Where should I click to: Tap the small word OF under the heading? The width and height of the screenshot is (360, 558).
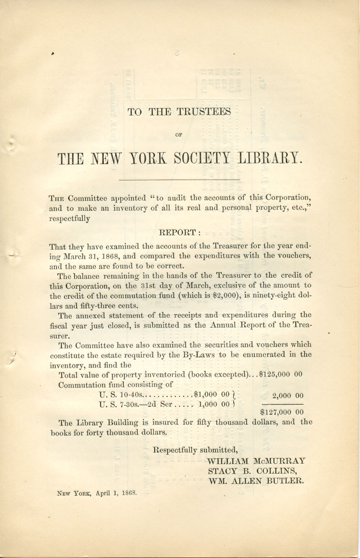coord(178,134)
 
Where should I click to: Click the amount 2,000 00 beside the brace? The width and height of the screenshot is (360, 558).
coord(288,396)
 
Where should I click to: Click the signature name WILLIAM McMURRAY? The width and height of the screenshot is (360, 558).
coord(256,461)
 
